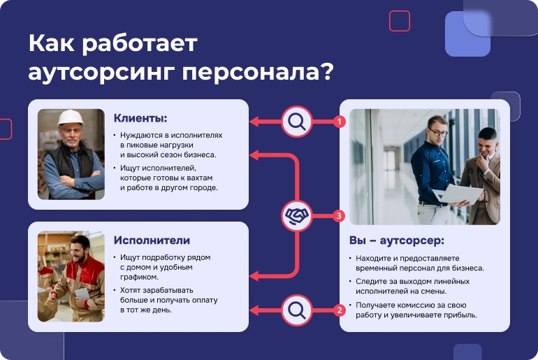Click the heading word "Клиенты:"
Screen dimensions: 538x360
pyautogui.click(x=140, y=118)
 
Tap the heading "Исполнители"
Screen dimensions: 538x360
pyautogui.click(x=152, y=240)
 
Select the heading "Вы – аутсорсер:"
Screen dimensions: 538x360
pyautogui.click(x=397, y=240)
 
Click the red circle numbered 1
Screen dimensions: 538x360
pyautogui.click(x=340, y=122)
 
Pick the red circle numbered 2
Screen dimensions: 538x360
pyautogui.click(x=340, y=310)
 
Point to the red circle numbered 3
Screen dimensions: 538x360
pyautogui.click(x=339, y=216)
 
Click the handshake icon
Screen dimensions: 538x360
pyautogui.click(x=297, y=216)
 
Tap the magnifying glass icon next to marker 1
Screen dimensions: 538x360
pyautogui.click(x=297, y=122)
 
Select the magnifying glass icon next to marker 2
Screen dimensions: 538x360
pyautogui.click(x=297, y=310)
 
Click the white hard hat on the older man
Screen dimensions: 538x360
pyautogui.click(x=71, y=117)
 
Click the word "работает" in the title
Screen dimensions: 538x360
pyautogui.click(x=140, y=43)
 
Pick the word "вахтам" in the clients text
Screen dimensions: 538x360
pyautogui.click(x=200, y=178)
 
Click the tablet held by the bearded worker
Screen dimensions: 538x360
pyautogui.click(x=82, y=294)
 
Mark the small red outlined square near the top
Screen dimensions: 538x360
pyautogui.click(x=400, y=21)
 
